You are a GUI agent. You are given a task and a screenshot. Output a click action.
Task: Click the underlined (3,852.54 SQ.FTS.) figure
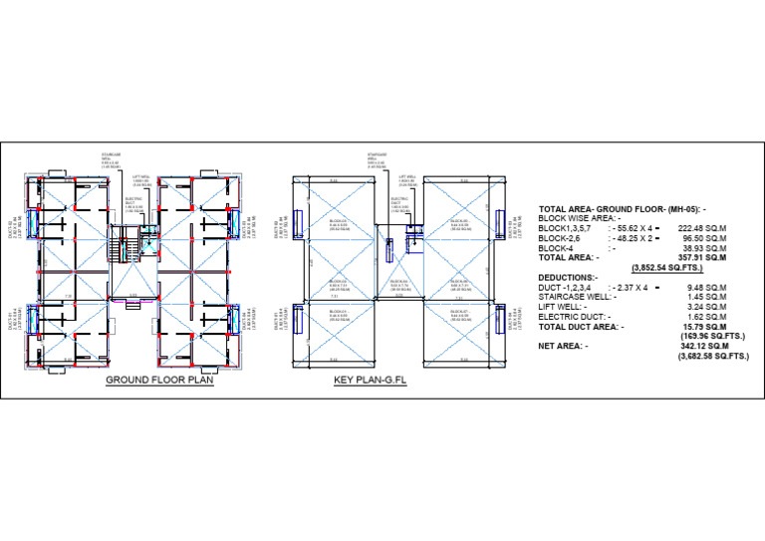665,268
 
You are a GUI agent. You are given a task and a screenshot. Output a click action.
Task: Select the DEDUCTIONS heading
569,277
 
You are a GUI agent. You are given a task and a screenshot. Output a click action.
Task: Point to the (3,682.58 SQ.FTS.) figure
713,356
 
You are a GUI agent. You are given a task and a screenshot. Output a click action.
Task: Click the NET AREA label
563,346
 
